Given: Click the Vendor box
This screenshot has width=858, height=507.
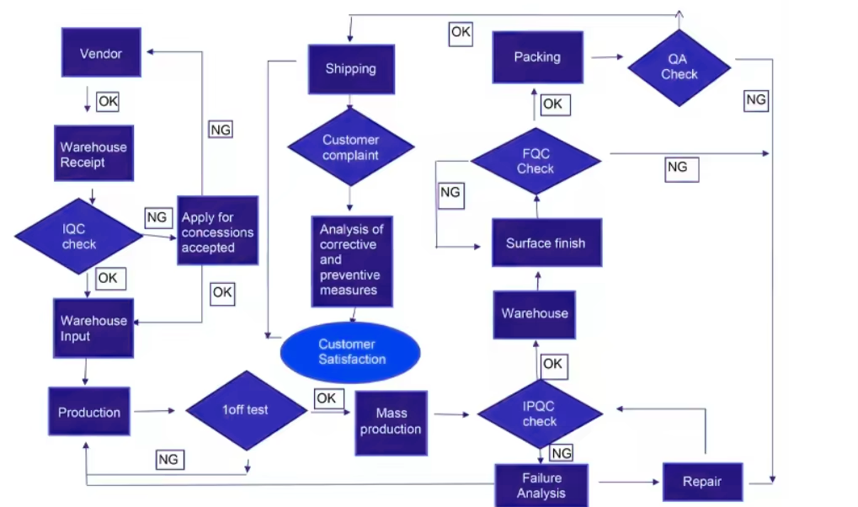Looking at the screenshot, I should tap(101, 53).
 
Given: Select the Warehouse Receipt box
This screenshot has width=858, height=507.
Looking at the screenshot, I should tap(93, 153).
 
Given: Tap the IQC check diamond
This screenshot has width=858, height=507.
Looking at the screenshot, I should tap(79, 237).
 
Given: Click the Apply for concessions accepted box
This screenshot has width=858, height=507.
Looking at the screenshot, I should tap(217, 232).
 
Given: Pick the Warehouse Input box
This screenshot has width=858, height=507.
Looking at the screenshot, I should tap(93, 328).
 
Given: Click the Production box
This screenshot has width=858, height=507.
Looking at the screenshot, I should tap(89, 412).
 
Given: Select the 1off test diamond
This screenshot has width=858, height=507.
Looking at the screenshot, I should tap(246, 410).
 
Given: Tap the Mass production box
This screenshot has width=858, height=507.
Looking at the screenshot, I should tap(391, 420).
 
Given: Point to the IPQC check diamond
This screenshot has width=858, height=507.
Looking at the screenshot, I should tap(540, 414).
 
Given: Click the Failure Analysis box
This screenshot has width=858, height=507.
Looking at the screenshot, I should tap(541, 485).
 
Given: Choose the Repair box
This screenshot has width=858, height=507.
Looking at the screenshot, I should tap(702, 482).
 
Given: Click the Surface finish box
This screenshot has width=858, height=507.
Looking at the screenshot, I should tap(546, 243).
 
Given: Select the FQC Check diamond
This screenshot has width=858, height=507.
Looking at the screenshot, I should tap(536, 161).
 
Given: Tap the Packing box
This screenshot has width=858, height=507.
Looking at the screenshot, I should tap(537, 57).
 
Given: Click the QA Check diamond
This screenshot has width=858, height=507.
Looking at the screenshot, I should tap(679, 67).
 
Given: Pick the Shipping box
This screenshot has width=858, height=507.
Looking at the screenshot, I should tap(350, 69).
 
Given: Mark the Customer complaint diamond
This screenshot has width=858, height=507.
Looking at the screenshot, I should tap(351, 147).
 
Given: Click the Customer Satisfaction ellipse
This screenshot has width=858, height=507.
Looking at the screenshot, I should tap(349, 352).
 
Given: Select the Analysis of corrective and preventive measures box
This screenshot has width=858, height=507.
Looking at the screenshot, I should tap(351, 259).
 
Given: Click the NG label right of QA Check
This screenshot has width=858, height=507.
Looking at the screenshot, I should tap(756, 100).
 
